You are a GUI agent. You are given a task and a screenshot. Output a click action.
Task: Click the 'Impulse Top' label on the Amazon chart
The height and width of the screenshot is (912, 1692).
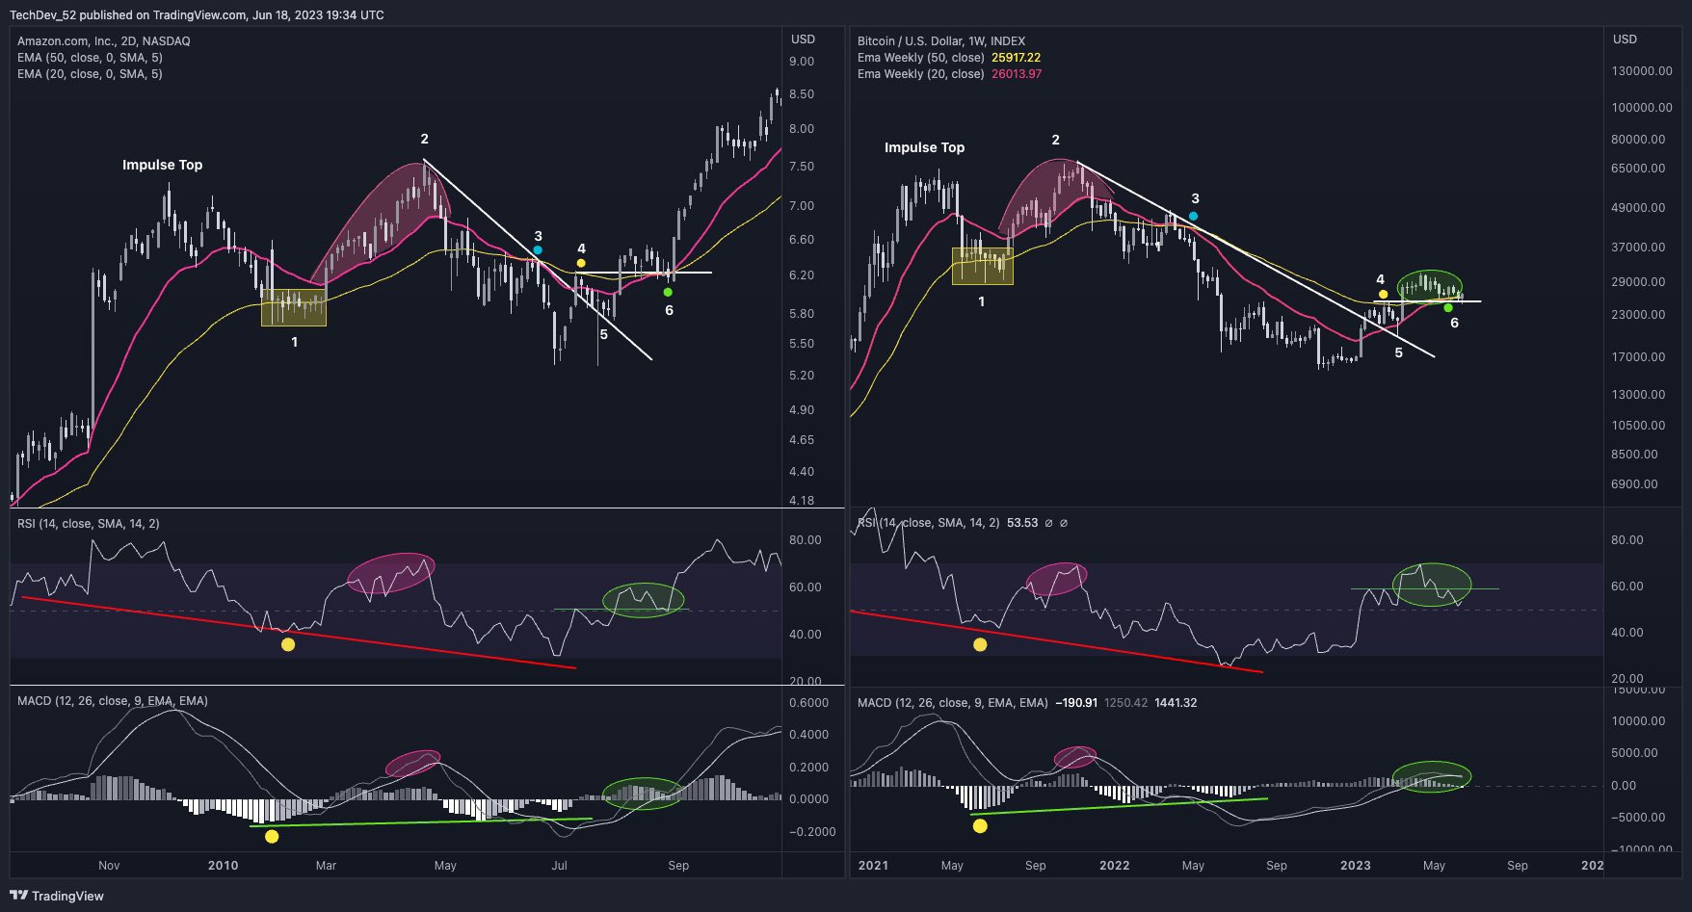162,165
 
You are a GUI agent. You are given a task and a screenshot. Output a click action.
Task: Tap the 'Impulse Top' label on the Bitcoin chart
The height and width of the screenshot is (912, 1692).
924,147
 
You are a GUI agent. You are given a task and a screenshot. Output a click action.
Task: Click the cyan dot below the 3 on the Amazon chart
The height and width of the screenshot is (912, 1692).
538,250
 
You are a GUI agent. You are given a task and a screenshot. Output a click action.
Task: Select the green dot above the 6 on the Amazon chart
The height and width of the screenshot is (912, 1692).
668,292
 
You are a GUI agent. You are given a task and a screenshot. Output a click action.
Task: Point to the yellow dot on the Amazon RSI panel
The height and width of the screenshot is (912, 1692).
287,644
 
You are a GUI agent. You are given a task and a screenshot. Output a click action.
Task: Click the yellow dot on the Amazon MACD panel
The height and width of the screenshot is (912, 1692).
272,836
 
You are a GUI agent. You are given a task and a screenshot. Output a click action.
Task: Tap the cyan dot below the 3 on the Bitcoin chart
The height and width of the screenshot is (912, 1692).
1194,216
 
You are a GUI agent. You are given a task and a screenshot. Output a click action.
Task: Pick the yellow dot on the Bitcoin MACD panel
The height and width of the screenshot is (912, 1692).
980,825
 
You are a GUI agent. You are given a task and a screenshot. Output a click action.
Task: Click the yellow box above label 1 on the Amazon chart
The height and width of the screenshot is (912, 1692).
294,307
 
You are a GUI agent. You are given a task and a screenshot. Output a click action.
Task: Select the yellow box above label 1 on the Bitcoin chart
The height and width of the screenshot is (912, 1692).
982,266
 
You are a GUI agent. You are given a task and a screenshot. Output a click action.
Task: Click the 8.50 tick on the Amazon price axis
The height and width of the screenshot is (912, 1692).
801,94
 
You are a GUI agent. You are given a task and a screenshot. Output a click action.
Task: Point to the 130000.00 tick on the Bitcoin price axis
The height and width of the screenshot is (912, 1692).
1642,71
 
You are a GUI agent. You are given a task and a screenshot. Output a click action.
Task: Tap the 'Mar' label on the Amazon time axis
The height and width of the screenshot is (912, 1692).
326,865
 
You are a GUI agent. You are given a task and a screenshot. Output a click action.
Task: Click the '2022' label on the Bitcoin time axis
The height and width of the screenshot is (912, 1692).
1114,865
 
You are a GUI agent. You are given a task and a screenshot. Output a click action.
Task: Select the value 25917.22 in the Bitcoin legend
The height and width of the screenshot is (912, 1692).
1016,58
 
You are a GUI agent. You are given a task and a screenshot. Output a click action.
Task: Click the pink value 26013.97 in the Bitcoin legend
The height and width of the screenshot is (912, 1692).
1016,74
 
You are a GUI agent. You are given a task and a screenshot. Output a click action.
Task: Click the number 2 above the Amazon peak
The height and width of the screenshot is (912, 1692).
424,140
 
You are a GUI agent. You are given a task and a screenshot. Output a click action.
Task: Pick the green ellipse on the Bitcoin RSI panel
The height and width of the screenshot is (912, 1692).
1432,585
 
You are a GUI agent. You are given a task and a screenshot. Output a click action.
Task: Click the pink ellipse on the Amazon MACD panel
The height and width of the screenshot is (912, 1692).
412,763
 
